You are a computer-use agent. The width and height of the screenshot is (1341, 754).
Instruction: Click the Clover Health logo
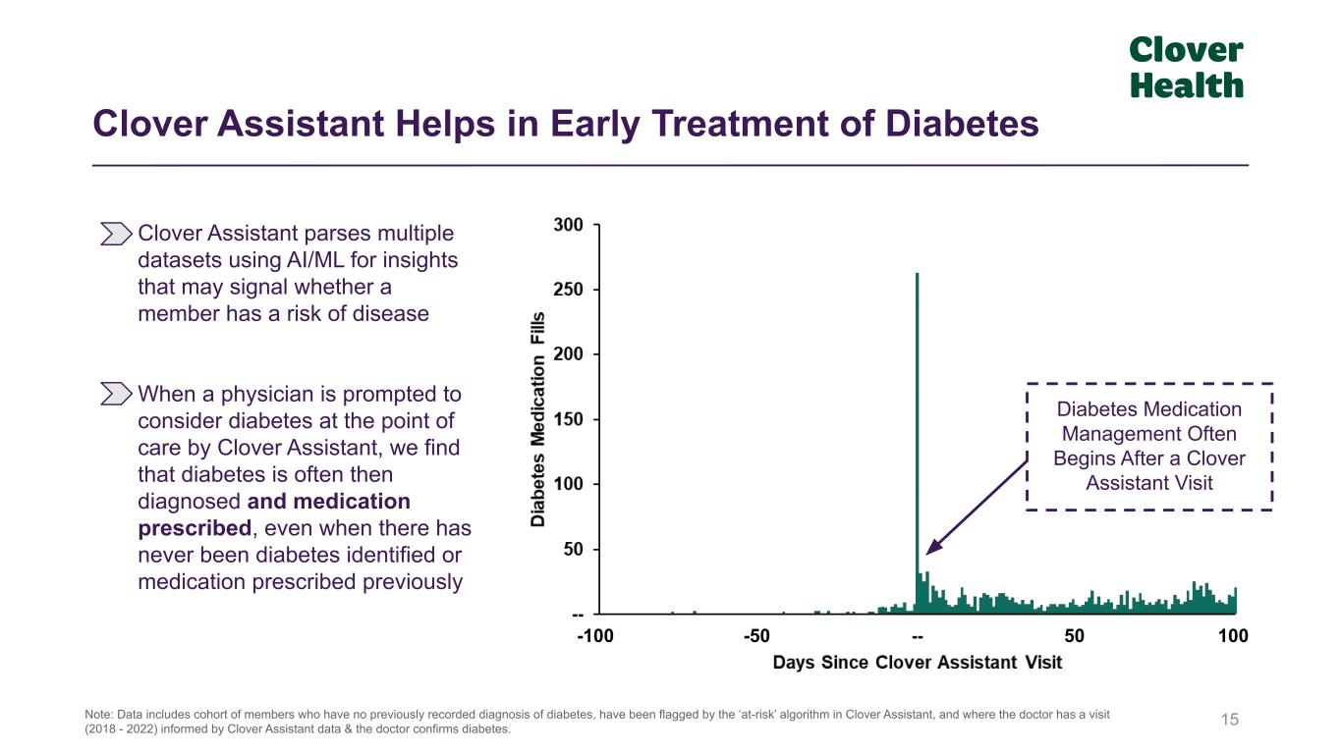coord(1186,68)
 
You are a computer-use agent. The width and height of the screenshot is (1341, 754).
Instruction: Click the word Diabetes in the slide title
coord(963,125)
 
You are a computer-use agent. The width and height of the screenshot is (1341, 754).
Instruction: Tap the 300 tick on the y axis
coord(569,225)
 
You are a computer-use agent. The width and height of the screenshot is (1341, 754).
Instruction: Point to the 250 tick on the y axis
coord(569,290)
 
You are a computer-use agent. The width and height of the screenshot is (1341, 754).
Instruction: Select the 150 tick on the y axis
coord(569,419)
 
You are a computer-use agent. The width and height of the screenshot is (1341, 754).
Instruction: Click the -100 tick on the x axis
coord(594,636)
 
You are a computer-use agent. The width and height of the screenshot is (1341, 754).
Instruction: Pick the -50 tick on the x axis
coord(755,636)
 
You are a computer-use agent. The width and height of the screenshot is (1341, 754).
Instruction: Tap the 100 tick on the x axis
coord(1233,636)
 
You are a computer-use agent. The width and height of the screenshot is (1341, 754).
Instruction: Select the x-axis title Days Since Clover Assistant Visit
coord(918,663)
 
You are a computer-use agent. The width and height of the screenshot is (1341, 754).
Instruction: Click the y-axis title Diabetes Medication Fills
coord(538,419)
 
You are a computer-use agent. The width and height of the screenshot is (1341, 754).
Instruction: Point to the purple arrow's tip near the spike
coord(928,552)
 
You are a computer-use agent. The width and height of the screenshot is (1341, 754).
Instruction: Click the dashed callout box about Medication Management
coord(1148,446)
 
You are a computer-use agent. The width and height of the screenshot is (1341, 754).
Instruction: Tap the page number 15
coord(1230,721)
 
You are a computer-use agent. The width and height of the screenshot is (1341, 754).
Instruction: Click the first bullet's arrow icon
coord(116,234)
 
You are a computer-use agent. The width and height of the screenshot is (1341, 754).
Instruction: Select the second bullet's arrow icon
coord(116,395)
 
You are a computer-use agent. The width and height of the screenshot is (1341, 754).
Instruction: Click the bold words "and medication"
coord(329,502)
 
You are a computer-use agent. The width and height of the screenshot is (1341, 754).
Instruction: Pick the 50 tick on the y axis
coord(573,550)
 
